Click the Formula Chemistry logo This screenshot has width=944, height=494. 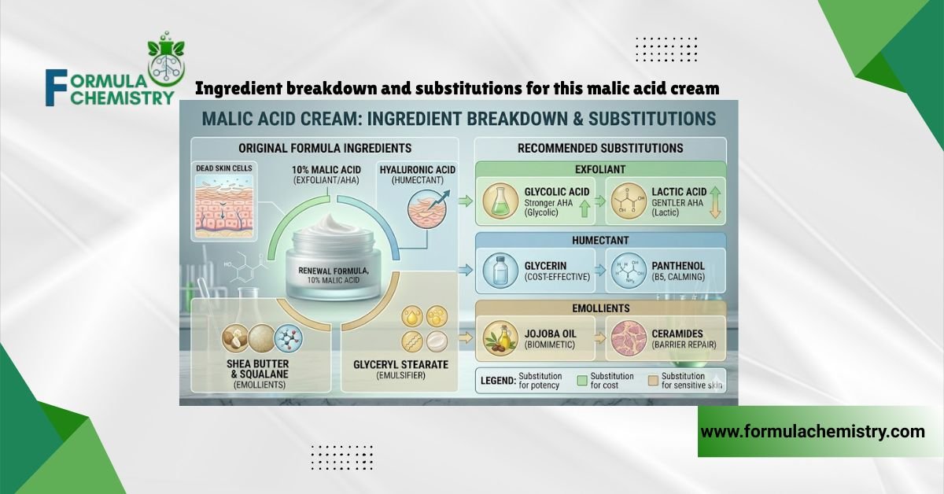tap(110, 75)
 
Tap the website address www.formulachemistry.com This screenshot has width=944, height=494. tap(813, 431)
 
